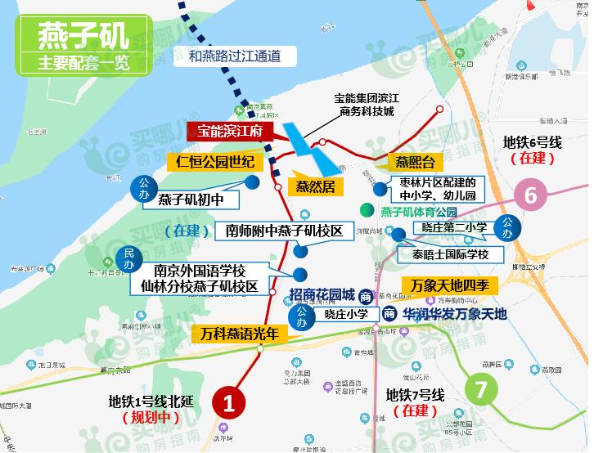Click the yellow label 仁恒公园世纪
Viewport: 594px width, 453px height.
(210, 160)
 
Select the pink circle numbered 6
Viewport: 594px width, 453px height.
(530, 196)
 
